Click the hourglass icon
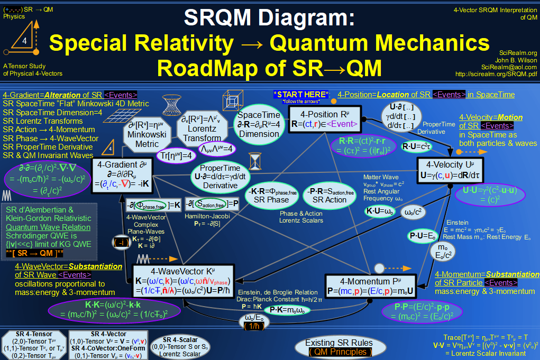pos(256,160)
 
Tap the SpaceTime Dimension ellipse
pos(259,124)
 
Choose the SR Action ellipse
pos(328,195)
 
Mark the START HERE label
pos(301,95)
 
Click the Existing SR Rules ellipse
pos(338,347)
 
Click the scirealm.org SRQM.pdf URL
pos(496,74)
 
